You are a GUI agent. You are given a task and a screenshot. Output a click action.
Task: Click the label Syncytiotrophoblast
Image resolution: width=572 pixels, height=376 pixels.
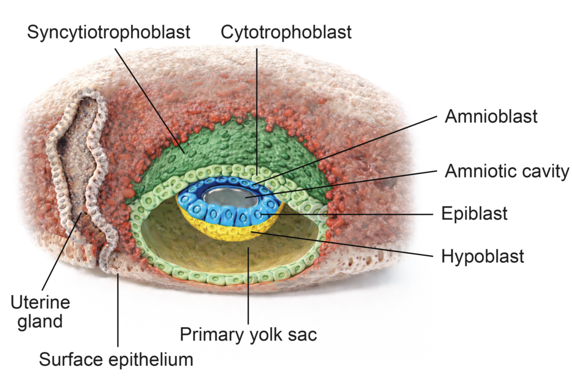(108, 32)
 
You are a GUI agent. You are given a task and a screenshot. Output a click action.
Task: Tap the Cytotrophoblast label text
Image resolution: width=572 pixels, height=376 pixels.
(286, 32)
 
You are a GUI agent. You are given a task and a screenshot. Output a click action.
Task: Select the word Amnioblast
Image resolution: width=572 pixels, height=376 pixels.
(491, 116)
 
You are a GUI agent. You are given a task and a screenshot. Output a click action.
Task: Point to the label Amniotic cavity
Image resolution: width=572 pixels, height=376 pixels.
(507, 171)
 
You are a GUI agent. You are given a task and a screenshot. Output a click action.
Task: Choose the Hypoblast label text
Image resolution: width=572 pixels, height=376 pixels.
(483, 256)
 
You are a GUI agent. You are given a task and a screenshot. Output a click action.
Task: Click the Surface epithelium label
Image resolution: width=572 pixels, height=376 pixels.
(116, 359)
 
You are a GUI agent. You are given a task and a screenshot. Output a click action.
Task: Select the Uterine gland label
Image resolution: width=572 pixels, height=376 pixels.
(41, 312)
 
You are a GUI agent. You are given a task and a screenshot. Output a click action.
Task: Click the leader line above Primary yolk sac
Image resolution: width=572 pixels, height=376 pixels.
(248, 291)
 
